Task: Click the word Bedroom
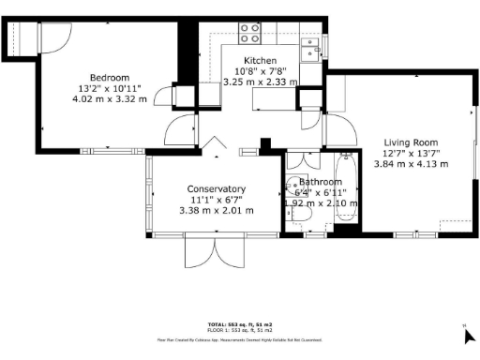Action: [110, 77]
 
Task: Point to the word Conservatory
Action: [216, 187]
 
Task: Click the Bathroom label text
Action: [321, 182]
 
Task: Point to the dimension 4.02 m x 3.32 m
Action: [110, 99]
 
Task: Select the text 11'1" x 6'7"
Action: [216, 199]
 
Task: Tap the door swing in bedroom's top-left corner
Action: [53, 36]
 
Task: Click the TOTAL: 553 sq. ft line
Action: [239, 321]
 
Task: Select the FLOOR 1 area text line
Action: [239, 327]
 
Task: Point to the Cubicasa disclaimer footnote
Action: [239, 339]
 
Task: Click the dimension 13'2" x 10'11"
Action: [110, 88]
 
